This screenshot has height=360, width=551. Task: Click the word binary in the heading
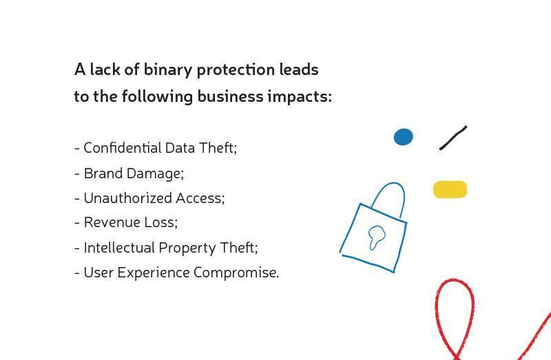click(x=167, y=70)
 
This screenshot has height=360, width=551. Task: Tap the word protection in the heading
click(x=236, y=70)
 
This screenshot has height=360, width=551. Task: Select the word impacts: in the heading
click(x=300, y=96)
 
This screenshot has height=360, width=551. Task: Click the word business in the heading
click(x=230, y=96)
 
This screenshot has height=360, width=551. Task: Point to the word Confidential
click(x=123, y=148)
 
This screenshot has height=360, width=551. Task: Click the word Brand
click(x=103, y=173)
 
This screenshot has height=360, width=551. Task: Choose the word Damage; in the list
click(x=156, y=174)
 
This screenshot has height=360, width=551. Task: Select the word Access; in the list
click(x=200, y=198)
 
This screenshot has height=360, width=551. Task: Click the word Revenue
click(x=112, y=222)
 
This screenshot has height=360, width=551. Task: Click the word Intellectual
click(x=119, y=248)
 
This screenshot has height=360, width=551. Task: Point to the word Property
click(x=187, y=248)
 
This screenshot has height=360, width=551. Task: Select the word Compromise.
click(x=236, y=273)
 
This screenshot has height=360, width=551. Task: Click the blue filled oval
click(x=404, y=137)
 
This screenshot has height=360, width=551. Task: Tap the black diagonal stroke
click(x=453, y=138)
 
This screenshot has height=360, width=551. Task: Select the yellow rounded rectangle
click(x=450, y=190)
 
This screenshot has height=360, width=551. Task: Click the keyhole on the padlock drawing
click(x=376, y=237)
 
